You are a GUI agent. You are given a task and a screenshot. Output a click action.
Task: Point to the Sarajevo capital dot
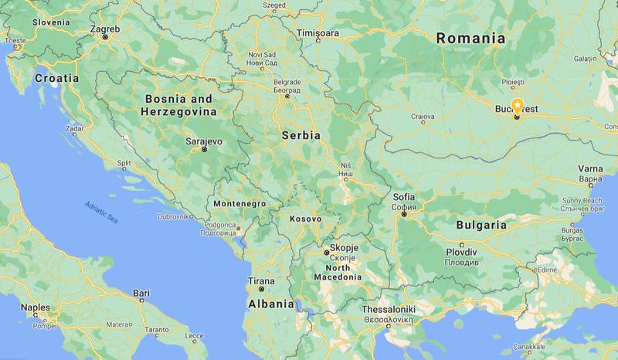(x=205, y=150)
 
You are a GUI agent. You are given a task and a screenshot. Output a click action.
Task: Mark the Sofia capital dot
(x=404, y=214)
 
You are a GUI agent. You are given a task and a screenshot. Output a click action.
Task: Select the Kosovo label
(x=305, y=219)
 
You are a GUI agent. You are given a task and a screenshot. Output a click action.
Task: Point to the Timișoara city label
(x=319, y=34)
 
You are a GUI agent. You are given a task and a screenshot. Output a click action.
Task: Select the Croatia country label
(x=58, y=78)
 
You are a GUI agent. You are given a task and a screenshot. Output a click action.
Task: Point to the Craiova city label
(x=423, y=117)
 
